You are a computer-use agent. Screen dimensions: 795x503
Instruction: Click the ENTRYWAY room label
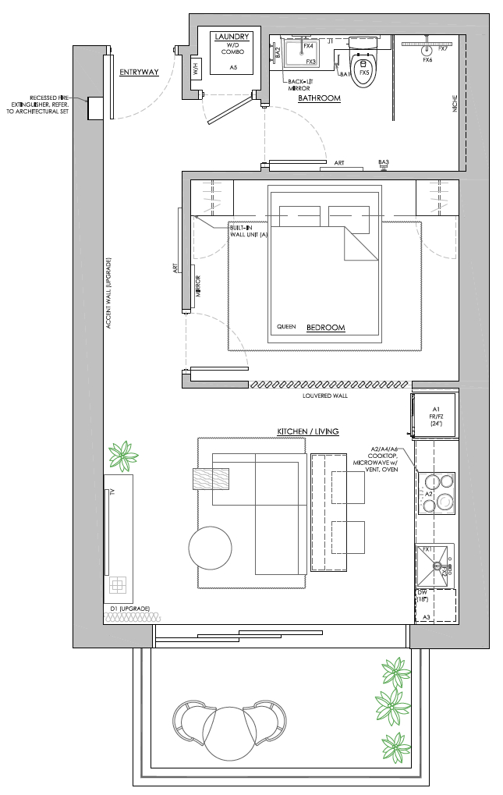[139, 73]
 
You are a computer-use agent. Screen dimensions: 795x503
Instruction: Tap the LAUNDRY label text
[232, 37]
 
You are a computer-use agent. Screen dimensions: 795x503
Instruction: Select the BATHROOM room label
[319, 98]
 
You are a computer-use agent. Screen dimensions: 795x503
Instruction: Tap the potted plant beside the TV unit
[122, 456]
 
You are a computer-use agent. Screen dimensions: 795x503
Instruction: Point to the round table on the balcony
[229, 733]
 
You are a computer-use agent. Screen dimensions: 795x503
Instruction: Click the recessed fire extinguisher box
[97, 108]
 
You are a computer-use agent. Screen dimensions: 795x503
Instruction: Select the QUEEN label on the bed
[286, 328]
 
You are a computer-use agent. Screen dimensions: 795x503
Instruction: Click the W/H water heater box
[197, 69]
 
